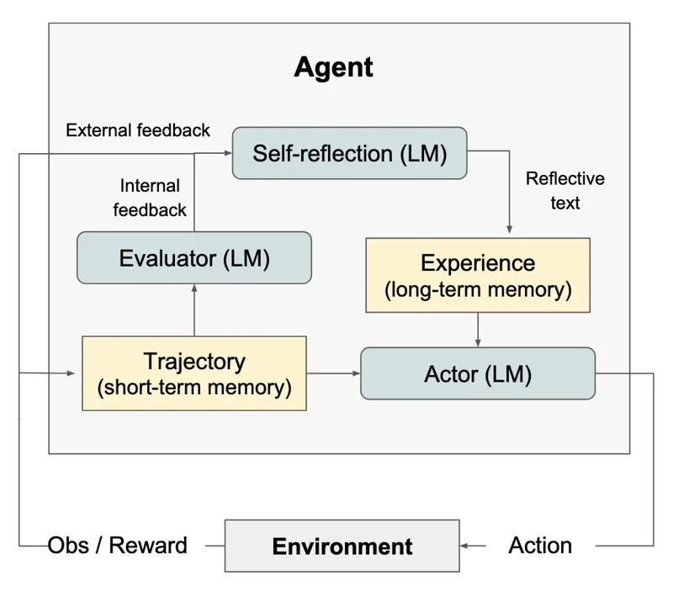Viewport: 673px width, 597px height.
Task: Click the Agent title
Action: click(333, 67)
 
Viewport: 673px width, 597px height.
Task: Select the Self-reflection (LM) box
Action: click(349, 153)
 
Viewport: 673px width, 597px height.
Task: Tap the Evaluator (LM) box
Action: click(194, 258)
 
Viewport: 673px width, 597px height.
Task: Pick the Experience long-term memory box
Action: click(478, 275)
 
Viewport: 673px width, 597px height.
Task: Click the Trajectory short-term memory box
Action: click(194, 373)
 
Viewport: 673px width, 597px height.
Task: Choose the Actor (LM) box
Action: click(478, 373)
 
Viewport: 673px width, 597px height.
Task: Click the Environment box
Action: click(342, 546)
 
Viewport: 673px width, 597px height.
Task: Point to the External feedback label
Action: click(138, 130)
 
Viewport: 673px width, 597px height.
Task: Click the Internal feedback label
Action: click(150, 198)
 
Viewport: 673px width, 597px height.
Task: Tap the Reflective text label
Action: click(564, 190)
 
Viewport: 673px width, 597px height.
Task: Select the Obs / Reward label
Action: click(117, 546)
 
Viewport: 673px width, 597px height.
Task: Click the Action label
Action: click(540, 546)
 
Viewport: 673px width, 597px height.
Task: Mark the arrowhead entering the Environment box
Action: click(464, 546)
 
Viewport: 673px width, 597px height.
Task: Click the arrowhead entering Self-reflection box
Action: click(228, 153)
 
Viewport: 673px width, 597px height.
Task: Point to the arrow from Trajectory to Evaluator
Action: click(194, 310)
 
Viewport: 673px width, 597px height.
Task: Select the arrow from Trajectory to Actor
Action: click(333, 373)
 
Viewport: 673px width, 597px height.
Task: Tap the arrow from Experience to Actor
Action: click(478, 330)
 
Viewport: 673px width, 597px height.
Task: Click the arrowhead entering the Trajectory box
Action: click(71, 373)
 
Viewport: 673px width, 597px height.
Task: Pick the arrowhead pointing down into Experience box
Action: click(510, 230)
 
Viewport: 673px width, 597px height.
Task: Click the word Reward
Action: click(148, 546)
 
